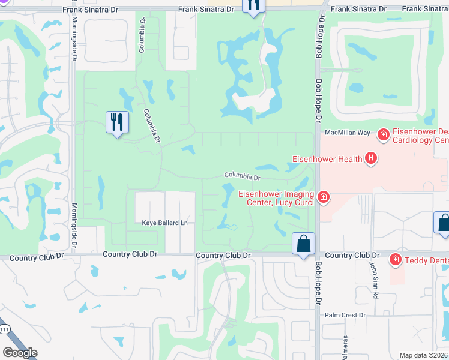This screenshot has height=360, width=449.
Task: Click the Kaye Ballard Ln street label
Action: tap(165, 223)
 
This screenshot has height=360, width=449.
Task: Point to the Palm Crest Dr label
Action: tap(345, 315)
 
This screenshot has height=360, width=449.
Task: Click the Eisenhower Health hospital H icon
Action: tap(372, 159)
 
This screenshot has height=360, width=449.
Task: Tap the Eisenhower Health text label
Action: tap(327, 159)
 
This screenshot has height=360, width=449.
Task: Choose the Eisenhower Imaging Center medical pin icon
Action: tap(323, 197)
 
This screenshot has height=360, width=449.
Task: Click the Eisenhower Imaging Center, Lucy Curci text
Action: tap(276, 197)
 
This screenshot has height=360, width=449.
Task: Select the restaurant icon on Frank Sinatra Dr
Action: tap(253, 5)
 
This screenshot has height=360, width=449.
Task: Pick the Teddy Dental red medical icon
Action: tap(395, 260)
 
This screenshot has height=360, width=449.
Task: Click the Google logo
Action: tap(20, 353)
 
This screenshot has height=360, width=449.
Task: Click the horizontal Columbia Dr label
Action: tap(242, 177)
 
